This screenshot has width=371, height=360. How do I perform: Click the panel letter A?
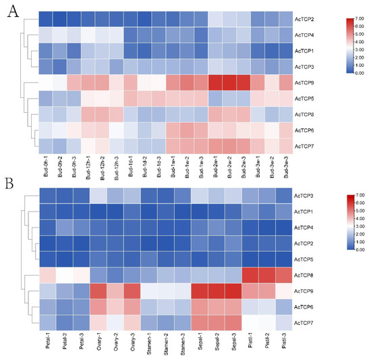tap(12, 15)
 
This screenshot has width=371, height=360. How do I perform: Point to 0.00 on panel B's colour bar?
tap(355, 249)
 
